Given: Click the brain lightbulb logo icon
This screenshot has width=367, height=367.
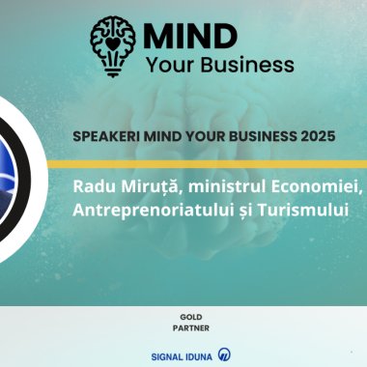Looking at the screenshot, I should point(114,42).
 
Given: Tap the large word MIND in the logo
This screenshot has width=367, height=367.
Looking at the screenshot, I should point(189,36).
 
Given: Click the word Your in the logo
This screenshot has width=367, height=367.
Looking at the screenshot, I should point(171,65).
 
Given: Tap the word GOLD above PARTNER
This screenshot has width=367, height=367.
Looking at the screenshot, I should point(190,316).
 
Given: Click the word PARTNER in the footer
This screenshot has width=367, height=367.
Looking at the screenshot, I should point(190,327).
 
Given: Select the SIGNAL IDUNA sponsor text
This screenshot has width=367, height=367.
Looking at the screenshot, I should point(182,354).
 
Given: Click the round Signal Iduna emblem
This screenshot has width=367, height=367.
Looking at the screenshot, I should point(224,354).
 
